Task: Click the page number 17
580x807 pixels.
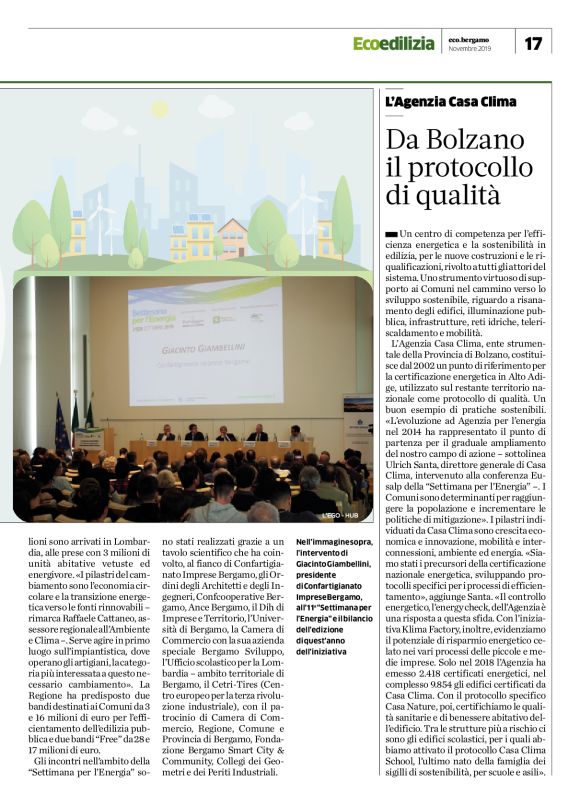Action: pos(533,43)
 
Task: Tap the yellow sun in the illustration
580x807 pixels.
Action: pos(159,108)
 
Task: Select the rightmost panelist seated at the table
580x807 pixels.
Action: pos(296,433)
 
